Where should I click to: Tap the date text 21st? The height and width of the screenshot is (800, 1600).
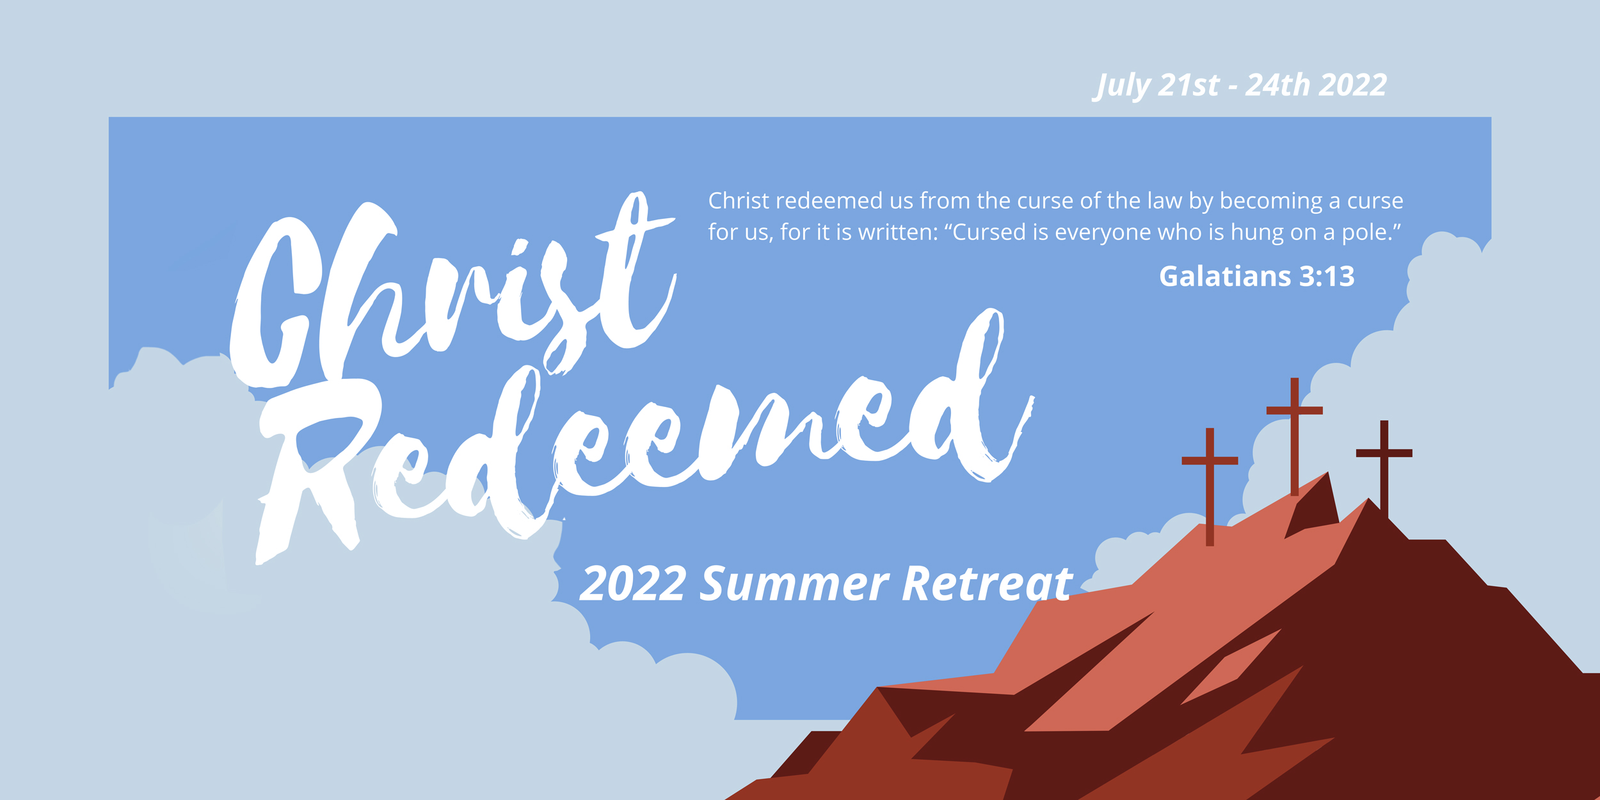(1189, 85)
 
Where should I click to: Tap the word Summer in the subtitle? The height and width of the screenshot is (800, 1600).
(794, 584)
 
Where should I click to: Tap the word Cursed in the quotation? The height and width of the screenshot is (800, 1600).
(989, 232)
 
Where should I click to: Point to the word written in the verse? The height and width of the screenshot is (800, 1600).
(897, 232)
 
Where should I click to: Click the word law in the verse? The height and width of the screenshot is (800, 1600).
(1164, 201)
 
